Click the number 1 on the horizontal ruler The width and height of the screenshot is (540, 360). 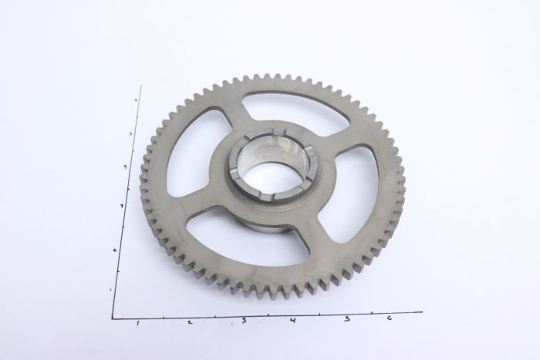click(x=137, y=322)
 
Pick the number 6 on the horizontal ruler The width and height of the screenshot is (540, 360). click(x=389, y=317)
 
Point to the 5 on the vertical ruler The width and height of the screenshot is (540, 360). click(x=130, y=133)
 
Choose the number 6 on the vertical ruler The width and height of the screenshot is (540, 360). click(x=135, y=100)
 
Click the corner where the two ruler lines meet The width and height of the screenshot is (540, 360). click(x=113, y=318)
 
